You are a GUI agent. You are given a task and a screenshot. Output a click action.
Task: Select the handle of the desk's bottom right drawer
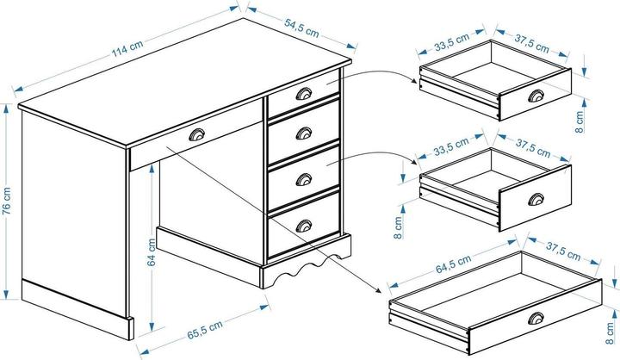(x=303, y=227)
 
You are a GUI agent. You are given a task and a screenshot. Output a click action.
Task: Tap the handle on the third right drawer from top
(x=304, y=178)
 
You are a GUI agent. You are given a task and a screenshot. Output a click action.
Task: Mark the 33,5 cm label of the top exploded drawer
(x=451, y=40)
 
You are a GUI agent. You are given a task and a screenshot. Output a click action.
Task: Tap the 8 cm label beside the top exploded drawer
(x=581, y=119)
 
